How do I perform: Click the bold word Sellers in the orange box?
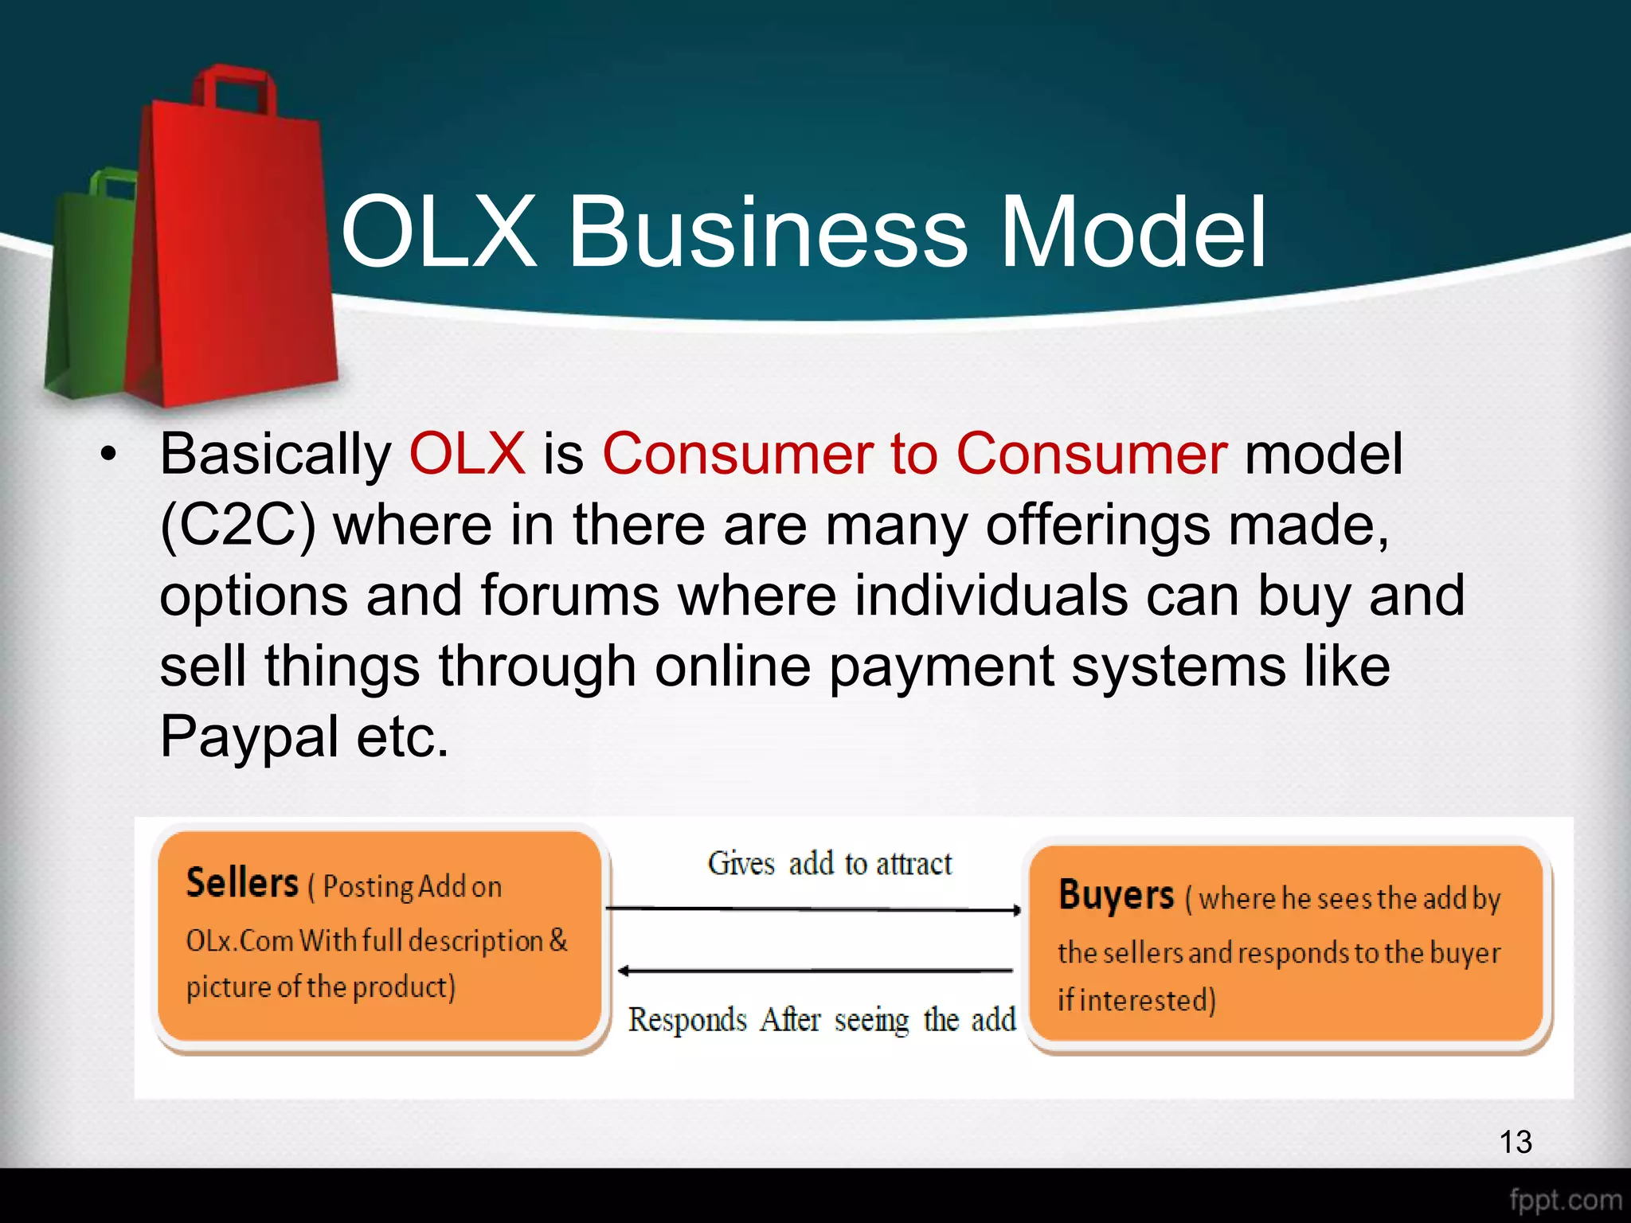point(242,883)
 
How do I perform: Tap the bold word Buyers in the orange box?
point(1116,895)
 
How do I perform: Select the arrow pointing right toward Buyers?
point(812,908)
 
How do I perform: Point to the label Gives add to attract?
point(829,864)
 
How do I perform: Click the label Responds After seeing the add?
point(821,1020)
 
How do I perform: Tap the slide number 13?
point(1515,1142)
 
